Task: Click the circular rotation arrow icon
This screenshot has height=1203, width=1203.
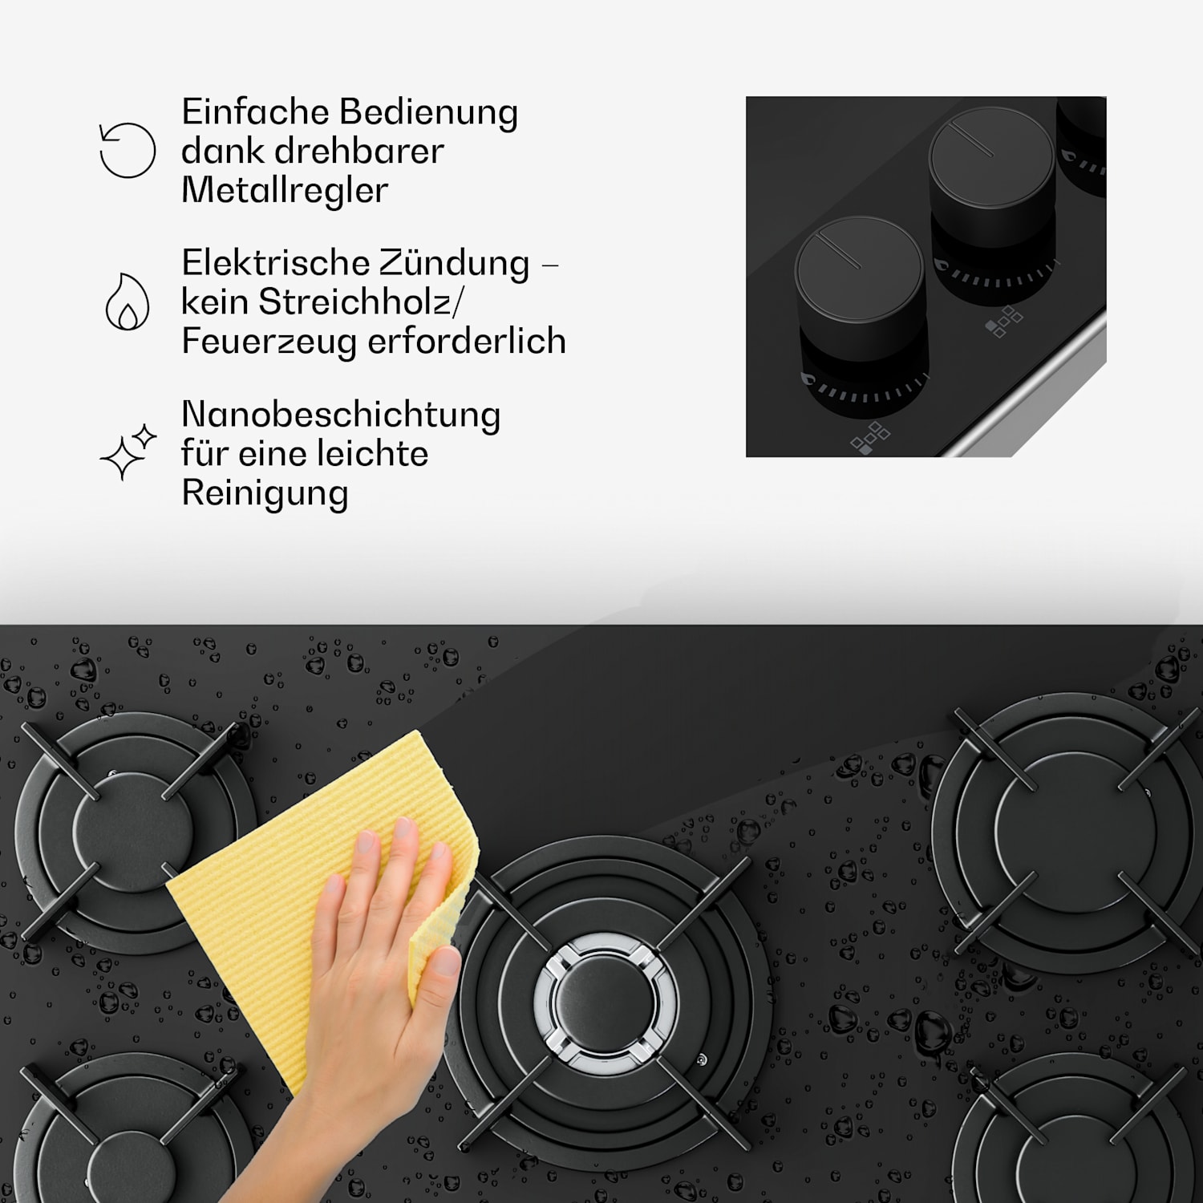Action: (x=128, y=150)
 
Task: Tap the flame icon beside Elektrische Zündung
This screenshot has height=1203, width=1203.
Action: (x=128, y=302)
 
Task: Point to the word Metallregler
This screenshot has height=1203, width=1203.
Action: (x=285, y=190)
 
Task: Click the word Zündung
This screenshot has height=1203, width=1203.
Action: (x=454, y=263)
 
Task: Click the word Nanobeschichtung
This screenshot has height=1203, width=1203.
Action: (x=341, y=415)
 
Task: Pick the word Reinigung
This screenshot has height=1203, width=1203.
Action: (x=265, y=492)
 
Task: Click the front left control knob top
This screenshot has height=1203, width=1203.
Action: (x=859, y=269)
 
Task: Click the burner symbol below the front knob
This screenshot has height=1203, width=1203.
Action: (x=869, y=438)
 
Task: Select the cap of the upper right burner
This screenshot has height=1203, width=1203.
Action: (x=1075, y=834)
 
